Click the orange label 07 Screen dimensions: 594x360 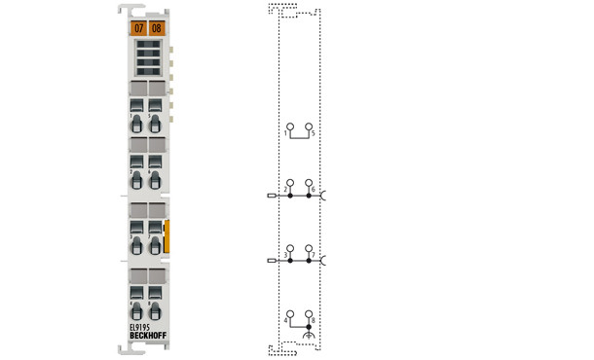point(138,28)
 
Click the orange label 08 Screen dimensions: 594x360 point(156,28)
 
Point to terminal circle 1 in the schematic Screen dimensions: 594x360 point(289,126)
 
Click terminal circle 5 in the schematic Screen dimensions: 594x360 point(309,126)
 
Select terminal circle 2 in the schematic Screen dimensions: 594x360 point(289,182)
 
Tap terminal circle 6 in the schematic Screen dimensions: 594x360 point(309,182)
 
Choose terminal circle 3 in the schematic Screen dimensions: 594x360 point(289,249)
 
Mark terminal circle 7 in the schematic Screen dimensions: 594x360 point(309,249)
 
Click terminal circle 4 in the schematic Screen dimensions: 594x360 point(289,313)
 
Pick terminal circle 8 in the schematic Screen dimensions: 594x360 point(309,313)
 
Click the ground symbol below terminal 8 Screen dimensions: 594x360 point(309,336)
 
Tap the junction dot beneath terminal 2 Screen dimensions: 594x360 point(289,196)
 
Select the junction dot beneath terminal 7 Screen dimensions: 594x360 point(309,262)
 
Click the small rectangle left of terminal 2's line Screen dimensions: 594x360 point(271,196)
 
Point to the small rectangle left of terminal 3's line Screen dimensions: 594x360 point(271,262)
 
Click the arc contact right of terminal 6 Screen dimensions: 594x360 point(324,196)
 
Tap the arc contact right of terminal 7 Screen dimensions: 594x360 point(324,262)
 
